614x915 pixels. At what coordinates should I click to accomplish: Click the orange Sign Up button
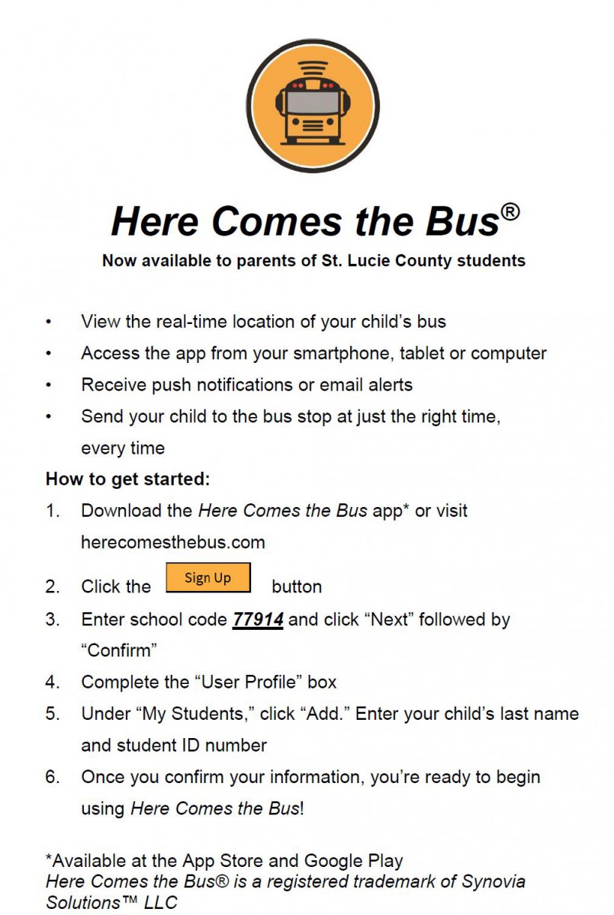click(x=207, y=577)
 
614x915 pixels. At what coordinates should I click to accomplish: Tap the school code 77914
click(x=258, y=620)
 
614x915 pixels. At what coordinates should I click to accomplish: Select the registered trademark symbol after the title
click(x=510, y=210)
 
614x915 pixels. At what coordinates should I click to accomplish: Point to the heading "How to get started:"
click(x=127, y=480)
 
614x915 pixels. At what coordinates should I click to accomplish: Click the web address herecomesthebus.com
click(x=173, y=543)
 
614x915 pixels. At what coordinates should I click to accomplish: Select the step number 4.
click(x=52, y=682)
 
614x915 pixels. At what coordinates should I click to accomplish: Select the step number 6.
click(x=52, y=777)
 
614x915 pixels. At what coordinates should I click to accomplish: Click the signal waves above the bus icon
click(x=313, y=66)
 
